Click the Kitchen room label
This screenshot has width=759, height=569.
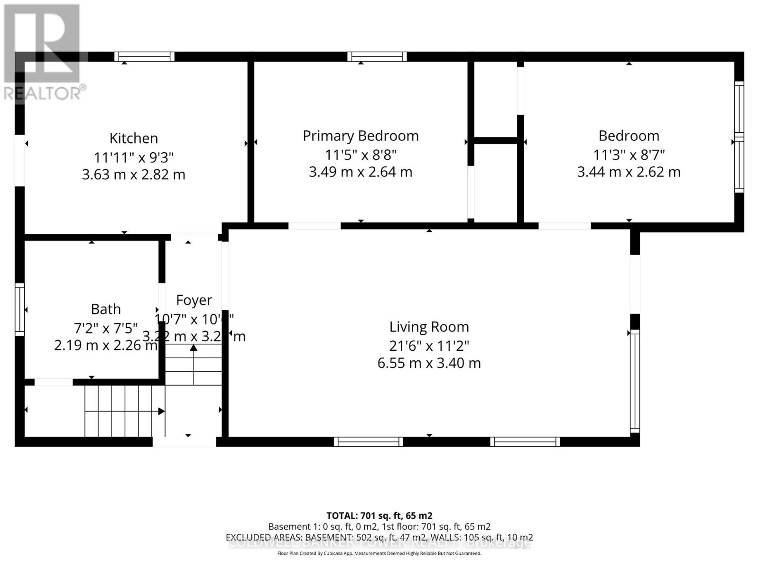[x=133, y=138]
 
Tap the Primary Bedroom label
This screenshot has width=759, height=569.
[x=361, y=136]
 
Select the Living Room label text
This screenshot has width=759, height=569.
[x=429, y=327]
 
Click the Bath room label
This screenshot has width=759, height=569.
[x=106, y=309]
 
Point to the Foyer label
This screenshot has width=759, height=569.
[x=194, y=300]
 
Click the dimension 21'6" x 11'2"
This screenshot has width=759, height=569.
[x=429, y=345]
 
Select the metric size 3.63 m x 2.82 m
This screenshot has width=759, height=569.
[x=133, y=174]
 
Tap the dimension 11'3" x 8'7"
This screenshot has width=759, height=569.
[x=629, y=155]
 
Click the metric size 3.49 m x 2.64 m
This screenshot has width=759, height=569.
[x=361, y=172]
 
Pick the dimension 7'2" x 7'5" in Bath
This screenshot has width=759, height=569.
[x=106, y=328]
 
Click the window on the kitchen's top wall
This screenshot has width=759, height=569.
[x=145, y=56]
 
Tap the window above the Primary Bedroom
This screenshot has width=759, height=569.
[x=377, y=56]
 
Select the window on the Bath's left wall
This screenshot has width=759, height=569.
[x=19, y=309]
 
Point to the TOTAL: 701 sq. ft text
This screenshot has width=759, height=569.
[x=379, y=515]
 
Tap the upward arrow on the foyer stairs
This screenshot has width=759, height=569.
[x=194, y=349]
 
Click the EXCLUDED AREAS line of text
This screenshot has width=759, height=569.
[x=379, y=537]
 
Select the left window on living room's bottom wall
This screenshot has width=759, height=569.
[x=369, y=442]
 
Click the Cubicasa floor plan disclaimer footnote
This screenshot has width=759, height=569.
[x=379, y=553]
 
